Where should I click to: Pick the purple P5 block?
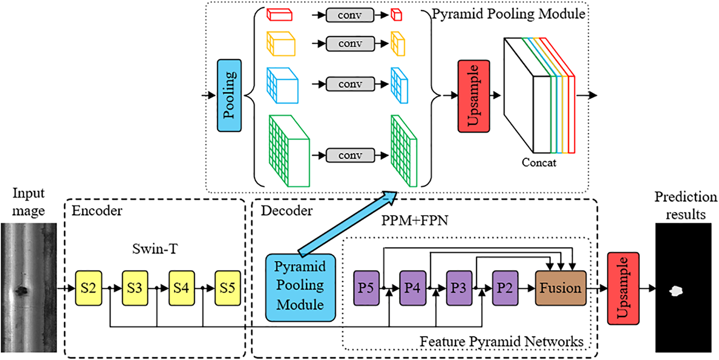tap(366, 288)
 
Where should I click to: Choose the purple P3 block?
tap(459, 288)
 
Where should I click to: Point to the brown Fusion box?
tap(560, 288)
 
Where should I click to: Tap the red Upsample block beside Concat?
tap(474, 96)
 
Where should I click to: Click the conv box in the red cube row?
tap(350, 15)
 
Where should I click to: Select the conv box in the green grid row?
tap(350, 155)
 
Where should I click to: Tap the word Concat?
tap(539, 163)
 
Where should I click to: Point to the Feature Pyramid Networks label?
tap(501, 342)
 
